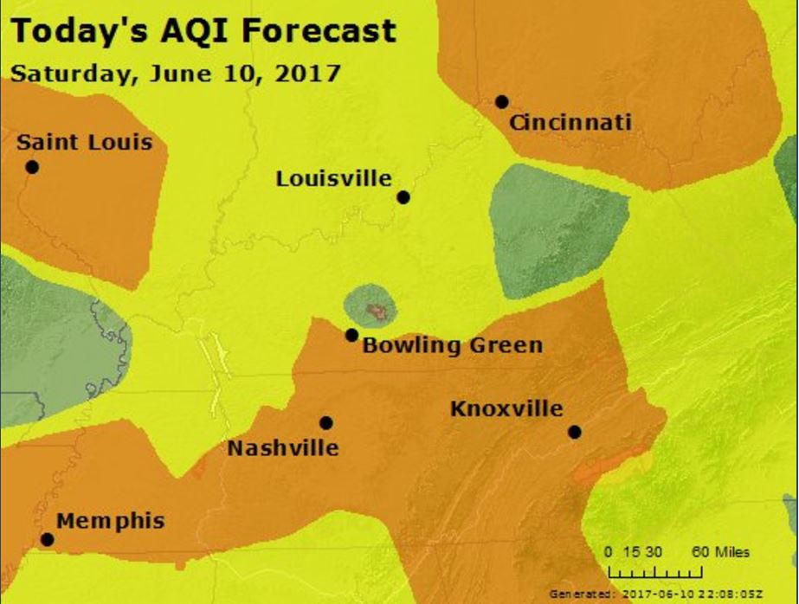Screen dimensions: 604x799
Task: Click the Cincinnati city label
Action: tap(570, 123)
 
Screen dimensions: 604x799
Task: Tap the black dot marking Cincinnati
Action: tap(501, 101)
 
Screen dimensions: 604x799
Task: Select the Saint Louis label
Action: tap(84, 142)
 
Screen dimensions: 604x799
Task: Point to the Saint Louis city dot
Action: tap(32, 167)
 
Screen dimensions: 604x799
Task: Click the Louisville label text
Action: tap(333, 179)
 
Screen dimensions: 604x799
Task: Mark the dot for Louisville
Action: tap(403, 197)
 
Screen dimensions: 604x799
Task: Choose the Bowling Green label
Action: tap(452, 346)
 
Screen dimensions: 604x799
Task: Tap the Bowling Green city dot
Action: tap(351, 335)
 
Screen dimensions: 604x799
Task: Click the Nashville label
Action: tap(282, 448)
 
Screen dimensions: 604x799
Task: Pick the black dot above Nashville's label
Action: tap(326, 422)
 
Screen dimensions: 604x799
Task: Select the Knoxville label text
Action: tap(506, 408)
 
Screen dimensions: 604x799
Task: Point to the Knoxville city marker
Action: tap(574, 432)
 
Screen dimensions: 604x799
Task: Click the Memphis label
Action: tap(110, 521)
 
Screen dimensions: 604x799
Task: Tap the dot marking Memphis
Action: tap(47, 539)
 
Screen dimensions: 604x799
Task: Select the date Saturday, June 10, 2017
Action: tap(175, 73)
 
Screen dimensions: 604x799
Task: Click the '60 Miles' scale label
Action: tap(720, 552)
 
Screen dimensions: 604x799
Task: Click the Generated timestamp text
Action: tap(656, 594)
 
